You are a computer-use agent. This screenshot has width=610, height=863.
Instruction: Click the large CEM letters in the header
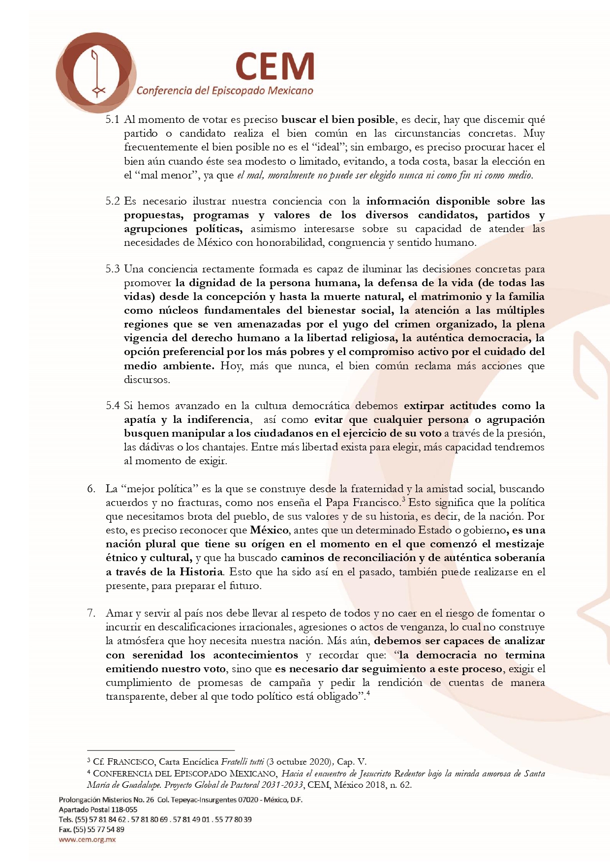click(x=274, y=67)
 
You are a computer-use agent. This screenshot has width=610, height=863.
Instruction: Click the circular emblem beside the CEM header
click(x=96, y=69)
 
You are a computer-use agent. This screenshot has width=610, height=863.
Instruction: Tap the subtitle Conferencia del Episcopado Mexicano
click(x=225, y=90)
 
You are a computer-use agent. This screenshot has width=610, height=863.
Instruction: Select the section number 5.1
click(x=113, y=119)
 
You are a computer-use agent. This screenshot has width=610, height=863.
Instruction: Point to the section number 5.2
click(x=113, y=201)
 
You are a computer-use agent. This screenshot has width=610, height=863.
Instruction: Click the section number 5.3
click(x=113, y=269)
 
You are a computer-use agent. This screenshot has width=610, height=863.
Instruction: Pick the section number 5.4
click(x=113, y=406)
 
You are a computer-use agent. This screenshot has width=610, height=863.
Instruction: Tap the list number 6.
click(x=91, y=489)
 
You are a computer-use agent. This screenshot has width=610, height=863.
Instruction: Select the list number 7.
click(x=91, y=613)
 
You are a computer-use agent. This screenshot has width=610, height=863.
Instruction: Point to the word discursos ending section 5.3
click(x=147, y=380)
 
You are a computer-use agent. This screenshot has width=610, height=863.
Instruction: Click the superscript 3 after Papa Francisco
click(x=403, y=500)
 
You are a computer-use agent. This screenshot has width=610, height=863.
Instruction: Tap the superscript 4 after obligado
click(x=368, y=694)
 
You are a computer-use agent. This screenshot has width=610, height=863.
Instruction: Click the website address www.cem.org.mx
click(x=87, y=839)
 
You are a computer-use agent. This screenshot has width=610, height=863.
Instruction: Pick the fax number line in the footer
click(x=91, y=829)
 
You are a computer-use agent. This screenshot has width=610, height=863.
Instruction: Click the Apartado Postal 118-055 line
click(x=98, y=809)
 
